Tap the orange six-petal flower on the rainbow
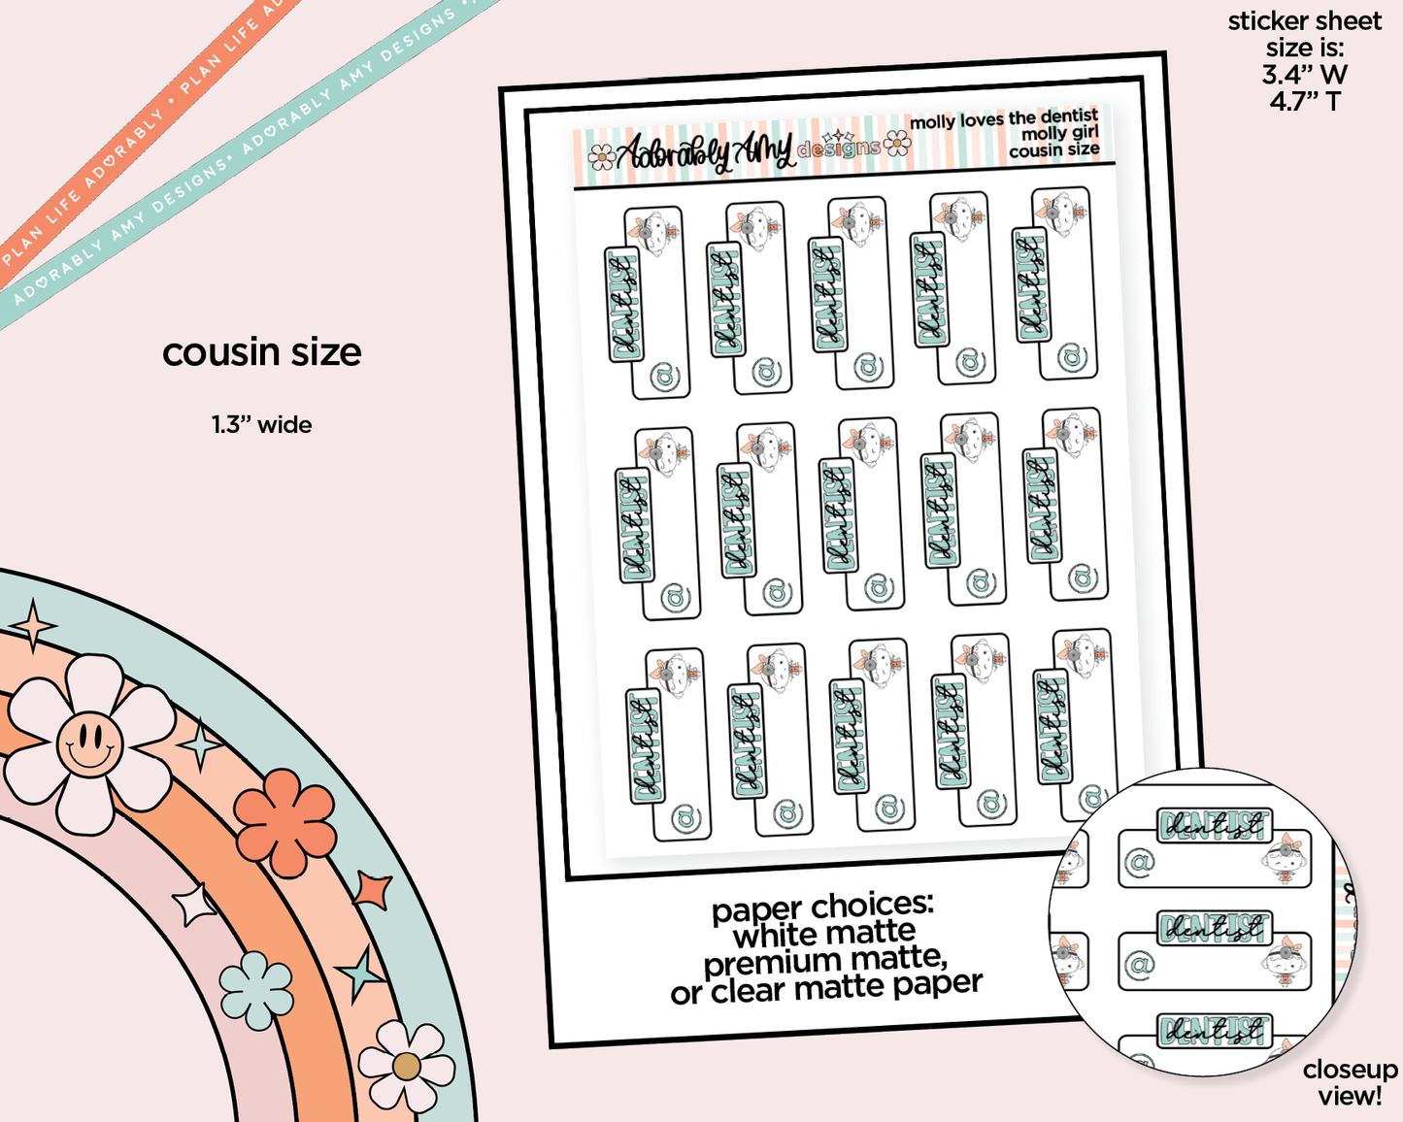(284, 808)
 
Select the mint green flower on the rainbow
(256, 990)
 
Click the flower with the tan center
(406, 1067)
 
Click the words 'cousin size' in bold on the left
(261, 352)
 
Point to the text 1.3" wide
(262, 425)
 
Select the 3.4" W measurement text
(1304, 74)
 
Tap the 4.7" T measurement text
(1304, 101)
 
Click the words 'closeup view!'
(1350, 1082)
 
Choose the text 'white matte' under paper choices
(823, 935)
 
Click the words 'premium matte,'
(825, 962)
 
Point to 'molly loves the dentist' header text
(1003, 119)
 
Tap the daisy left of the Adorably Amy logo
(602, 155)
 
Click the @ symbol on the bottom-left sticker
(685, 817)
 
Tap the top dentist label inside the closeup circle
(1214, 826)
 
